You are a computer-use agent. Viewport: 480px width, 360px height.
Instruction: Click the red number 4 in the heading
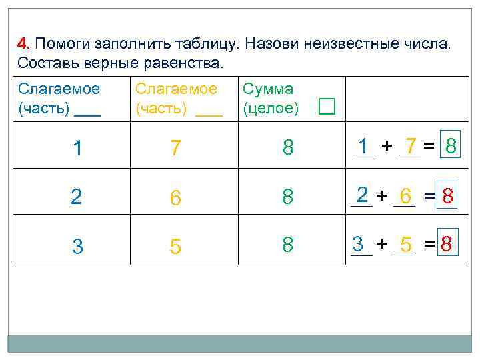(22, 44)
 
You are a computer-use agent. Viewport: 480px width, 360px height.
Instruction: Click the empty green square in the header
(326, 107)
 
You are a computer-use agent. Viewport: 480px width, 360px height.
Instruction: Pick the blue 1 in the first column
(78, 148)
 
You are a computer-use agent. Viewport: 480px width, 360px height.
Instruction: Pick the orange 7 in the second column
(175, 148)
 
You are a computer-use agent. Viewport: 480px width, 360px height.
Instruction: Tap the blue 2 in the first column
(78, 197)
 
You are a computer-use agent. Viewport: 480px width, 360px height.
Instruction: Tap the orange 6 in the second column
(175, 197)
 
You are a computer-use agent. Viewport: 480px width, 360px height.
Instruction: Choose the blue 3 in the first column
(78, 247)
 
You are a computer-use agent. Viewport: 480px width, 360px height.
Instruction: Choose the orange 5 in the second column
(175, 247)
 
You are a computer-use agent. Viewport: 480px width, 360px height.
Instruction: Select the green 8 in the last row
(288, 245)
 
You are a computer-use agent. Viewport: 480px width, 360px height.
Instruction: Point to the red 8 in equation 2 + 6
(449, 196)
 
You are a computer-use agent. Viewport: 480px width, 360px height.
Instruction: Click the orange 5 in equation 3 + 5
(406, 244)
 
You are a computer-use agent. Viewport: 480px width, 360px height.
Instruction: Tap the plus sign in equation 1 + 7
(387, 146)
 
